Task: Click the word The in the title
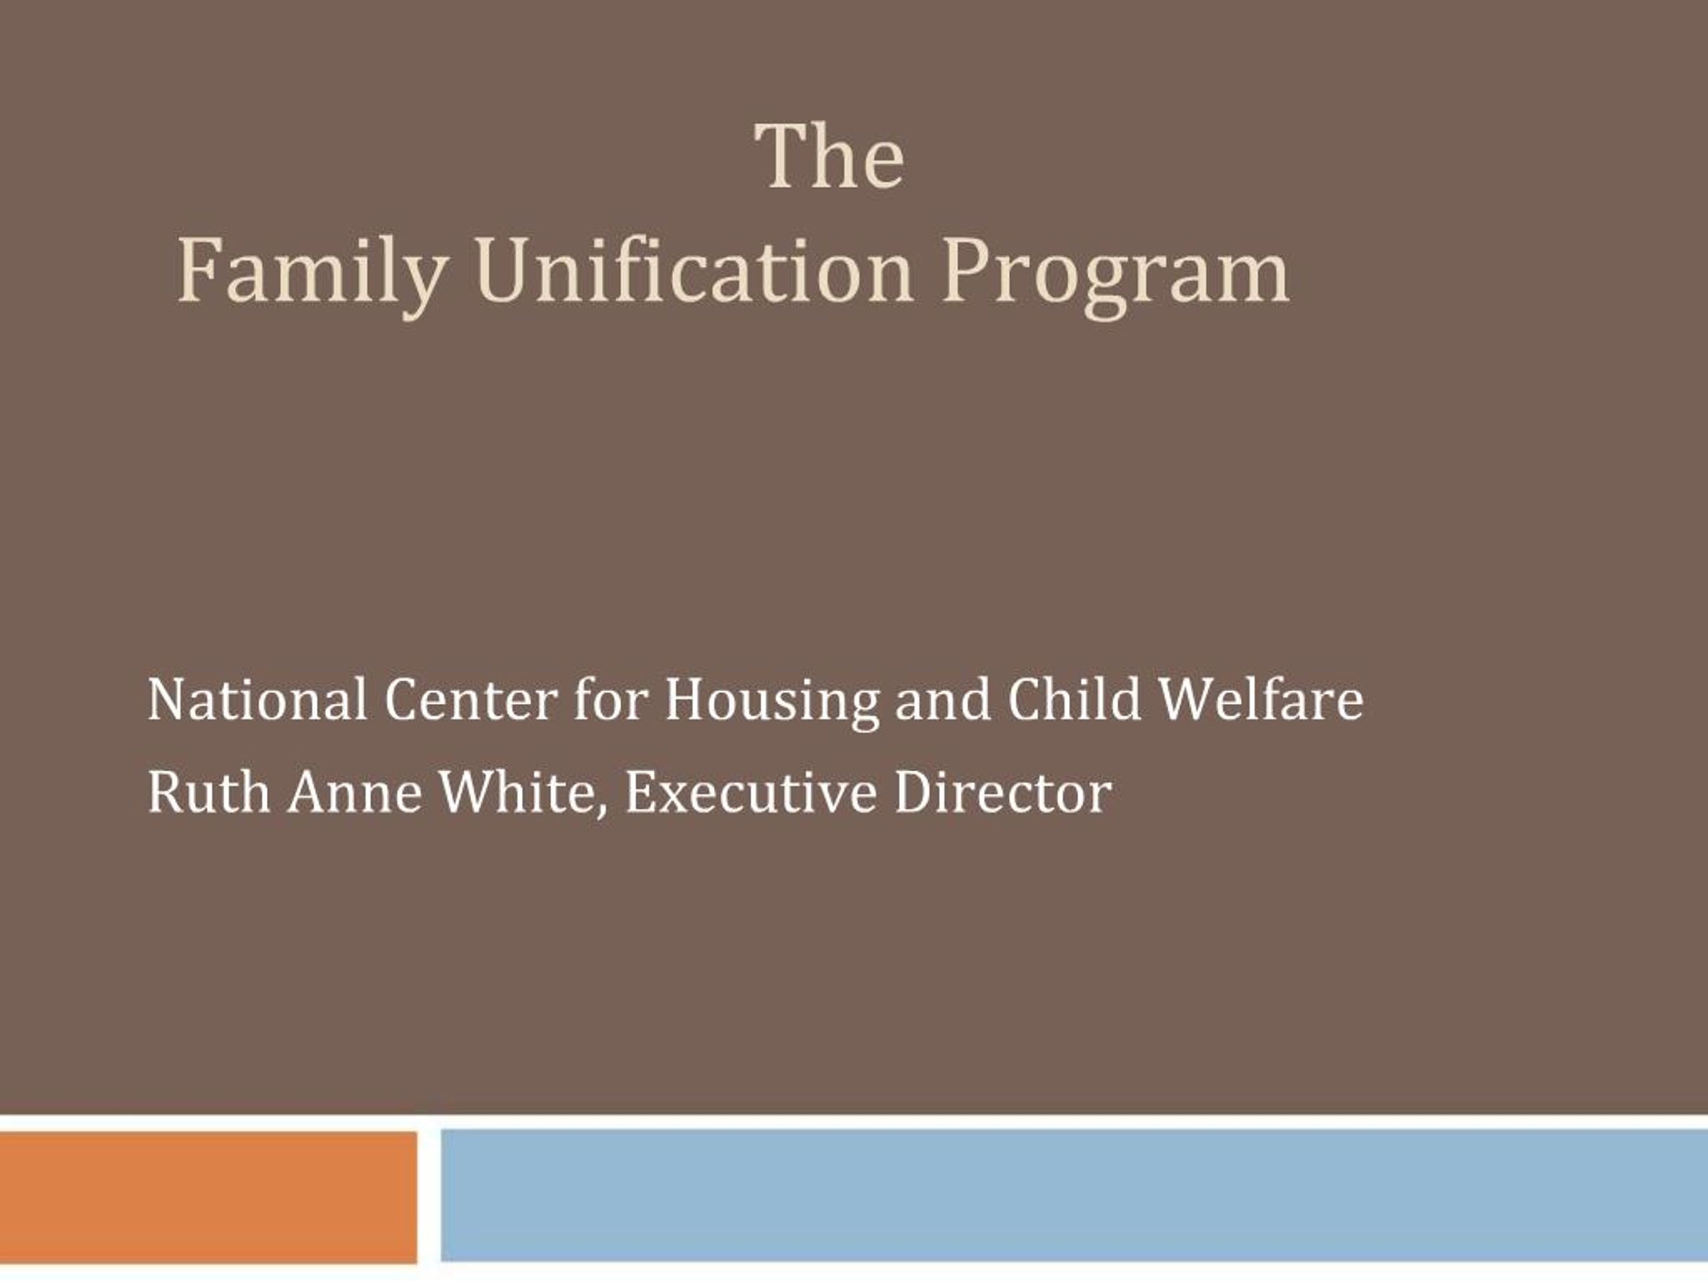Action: (x=829, y=157)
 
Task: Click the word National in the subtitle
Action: (x=257, y=700)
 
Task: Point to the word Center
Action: (x=470, y=700)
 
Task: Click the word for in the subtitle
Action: (x=610, y=700)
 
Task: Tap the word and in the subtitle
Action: (x=942, y=700)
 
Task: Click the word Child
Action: (x=1074, y=700)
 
